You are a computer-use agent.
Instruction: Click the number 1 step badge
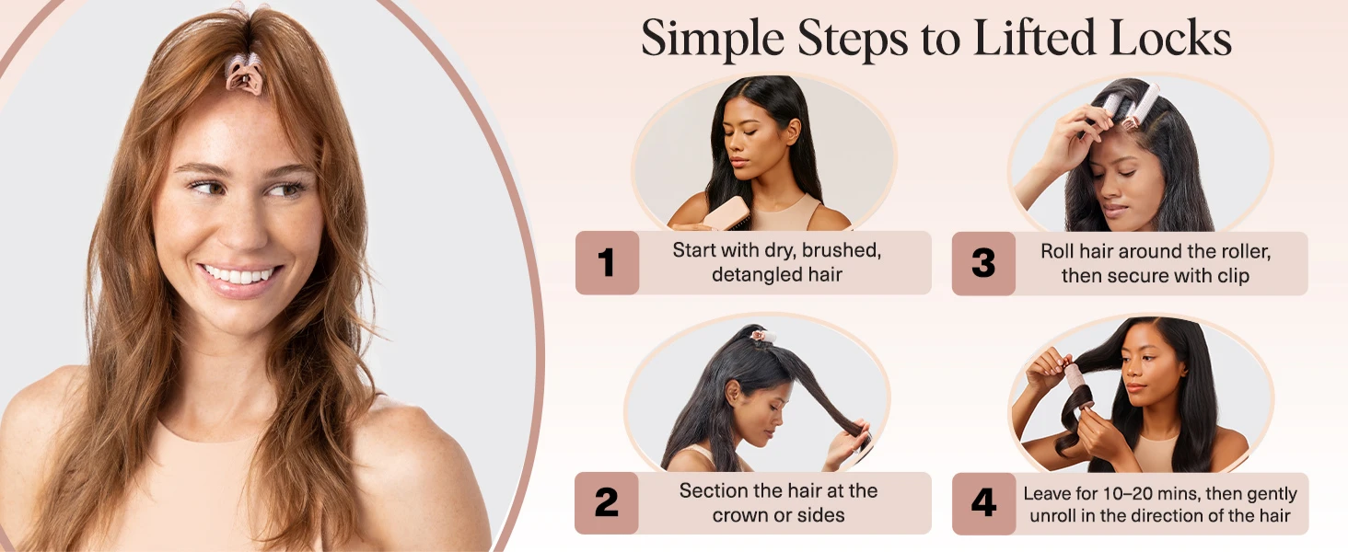[x=606, y=263]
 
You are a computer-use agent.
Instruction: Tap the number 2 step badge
[x=606, y=503]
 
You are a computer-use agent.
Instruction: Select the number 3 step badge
[x=983, y=263]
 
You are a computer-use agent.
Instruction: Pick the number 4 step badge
[x=983, y=503]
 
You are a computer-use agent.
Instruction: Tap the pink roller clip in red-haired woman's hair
[x=244, y=74]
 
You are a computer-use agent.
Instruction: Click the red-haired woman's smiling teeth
[x=239, y=275]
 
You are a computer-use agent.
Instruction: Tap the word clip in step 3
[x=1231, y=276]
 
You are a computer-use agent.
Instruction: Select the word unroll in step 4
[x=1056, y=516]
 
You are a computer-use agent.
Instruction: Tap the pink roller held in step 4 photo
[x=1075, y=385]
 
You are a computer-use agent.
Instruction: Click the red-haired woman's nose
[x=236, y=225]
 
